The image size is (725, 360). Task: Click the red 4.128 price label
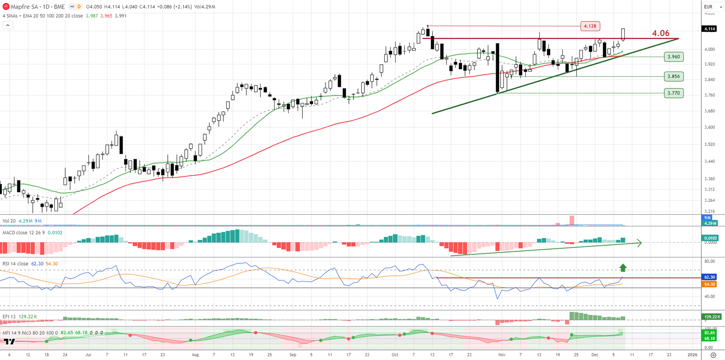tap(590, 26)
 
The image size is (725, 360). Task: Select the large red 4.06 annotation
tap(661, 33)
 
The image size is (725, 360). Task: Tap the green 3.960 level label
tap(674, 57)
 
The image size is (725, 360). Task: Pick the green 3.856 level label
tap(674, 76)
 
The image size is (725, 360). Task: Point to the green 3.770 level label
tap(674, 93)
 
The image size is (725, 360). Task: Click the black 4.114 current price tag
tap(710, 29)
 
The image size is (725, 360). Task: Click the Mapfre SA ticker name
tap(24, 7)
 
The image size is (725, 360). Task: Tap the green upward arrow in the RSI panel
tap(623, 268)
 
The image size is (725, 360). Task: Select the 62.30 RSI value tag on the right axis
tap(710, 277)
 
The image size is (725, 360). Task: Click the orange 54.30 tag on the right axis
tap(710, 284)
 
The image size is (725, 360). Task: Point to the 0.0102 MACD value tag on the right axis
tap(710, 238)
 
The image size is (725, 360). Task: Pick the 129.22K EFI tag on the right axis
tap(710, 317)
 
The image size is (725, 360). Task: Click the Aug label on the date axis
tap(195, 355)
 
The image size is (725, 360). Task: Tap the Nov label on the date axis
tap(502, 355)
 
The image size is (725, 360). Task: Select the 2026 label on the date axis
tap(692, 355)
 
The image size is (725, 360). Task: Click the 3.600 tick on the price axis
tap(710, 127)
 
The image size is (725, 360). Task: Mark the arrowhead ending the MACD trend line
tap(640, 243)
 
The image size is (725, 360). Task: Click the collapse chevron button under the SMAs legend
tap(8, 25)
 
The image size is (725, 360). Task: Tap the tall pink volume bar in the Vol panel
tap(572, 220)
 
